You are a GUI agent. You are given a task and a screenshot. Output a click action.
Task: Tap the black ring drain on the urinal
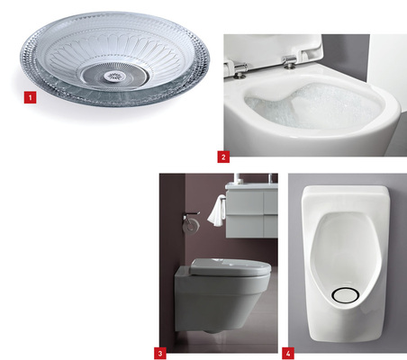click(344, 294)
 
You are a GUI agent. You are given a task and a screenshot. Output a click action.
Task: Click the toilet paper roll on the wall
click(192, 225)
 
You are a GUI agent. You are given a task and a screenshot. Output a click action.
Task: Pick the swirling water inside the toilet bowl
click(297, 112)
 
